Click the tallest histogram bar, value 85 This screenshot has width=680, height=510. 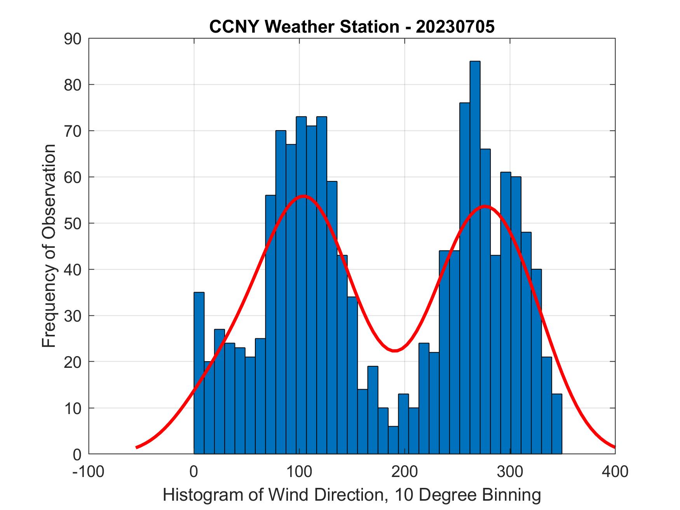pos(475,256)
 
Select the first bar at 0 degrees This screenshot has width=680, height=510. pos(199,373)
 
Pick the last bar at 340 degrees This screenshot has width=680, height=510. pos(556,424)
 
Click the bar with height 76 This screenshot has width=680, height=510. pos(464,278)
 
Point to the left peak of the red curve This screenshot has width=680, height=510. pos(303,196)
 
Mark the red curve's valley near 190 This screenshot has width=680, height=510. pos(394,350)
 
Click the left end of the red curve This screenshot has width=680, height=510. pos(137,447)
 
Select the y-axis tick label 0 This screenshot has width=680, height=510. pos(77,454)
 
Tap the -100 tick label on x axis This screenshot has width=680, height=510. pos(89,472)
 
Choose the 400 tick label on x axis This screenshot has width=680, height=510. pos(615,472)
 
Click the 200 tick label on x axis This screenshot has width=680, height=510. pos(405,472)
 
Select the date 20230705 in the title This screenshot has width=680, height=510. pos(455,27)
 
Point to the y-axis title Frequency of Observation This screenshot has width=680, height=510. pos(49,246)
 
